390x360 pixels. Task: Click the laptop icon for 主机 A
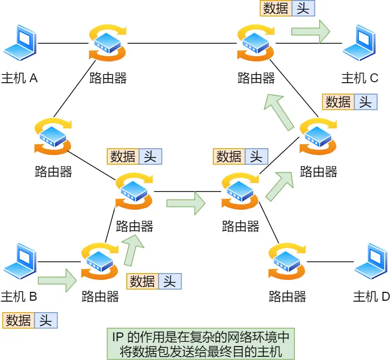tap(20, 43)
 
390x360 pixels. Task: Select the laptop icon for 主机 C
tap(360, 43)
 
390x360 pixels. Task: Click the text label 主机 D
tap(371, 297)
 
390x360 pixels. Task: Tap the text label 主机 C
tap(360, 78)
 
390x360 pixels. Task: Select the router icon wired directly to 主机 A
tap(108, 43)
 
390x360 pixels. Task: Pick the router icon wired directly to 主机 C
tap(256, 43)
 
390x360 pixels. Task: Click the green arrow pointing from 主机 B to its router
tap(57, 280)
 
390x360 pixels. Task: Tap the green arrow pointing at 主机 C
tap(310, 31)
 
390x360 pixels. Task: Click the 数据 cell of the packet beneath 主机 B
tap(19, 320)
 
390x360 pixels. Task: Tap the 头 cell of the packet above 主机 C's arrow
tap(303, 8)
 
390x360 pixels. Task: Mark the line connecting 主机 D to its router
tap(330, 262)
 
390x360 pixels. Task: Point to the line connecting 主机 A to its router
tap(62, 43)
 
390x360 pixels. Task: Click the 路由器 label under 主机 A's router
tap(108, 78)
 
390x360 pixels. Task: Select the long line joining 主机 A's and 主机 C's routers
tap(182, 43)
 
